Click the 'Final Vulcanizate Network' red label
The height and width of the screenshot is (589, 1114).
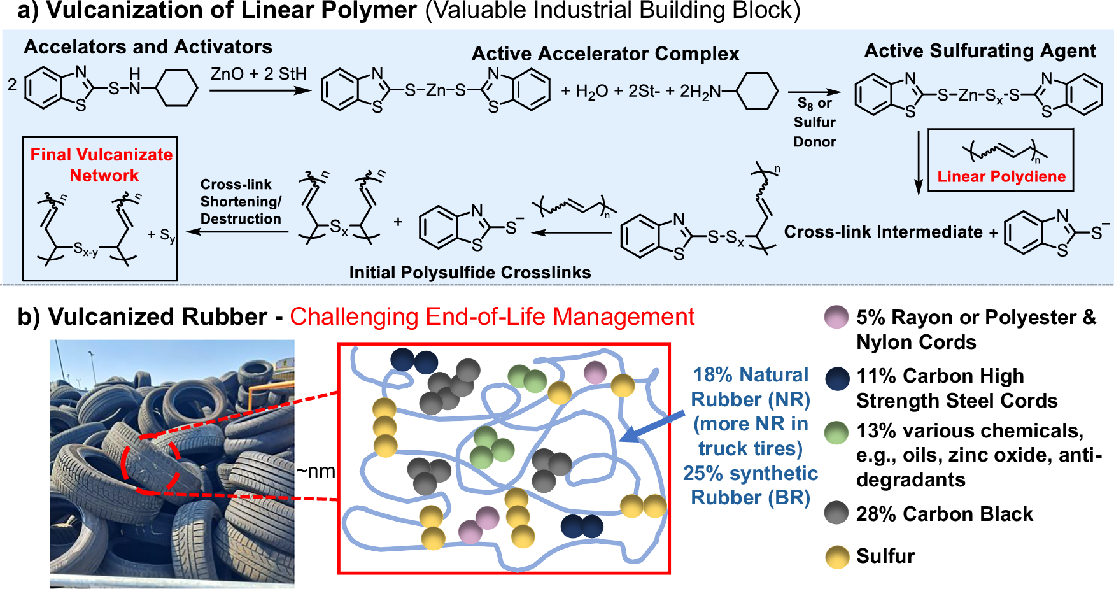coord(102,165)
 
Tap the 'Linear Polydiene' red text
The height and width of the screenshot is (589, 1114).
coord(1001,177)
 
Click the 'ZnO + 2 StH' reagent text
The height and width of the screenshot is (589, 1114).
coord(258,75)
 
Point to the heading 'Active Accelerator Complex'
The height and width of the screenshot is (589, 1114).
coord(605,54)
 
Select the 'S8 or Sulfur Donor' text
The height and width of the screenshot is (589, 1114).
coord(814,122)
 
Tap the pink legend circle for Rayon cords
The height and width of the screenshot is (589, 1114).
coord(836,317)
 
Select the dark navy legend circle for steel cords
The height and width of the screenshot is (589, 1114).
coord(836,378)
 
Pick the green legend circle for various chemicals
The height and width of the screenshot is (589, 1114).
coord(836,432)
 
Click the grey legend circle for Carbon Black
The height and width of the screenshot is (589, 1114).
coord(836,513)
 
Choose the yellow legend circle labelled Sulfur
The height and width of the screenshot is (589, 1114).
coord(836,557)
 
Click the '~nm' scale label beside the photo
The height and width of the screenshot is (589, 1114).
coord(316,472)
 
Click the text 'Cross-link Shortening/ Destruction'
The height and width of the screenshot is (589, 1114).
coord(241,202)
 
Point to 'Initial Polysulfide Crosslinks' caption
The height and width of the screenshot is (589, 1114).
coord(470,273)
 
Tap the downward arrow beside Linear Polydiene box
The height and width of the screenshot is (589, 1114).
coord(918,162)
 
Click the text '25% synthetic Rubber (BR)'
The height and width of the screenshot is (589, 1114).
coord(750,485)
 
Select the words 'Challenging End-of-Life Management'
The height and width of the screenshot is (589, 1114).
coord(492,316)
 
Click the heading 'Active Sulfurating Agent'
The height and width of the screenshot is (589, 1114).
coord(980,51)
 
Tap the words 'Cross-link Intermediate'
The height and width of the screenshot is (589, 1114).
coord(883,232)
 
